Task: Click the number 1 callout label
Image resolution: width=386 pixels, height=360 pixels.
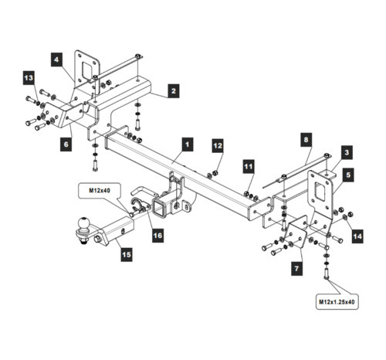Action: pyautogui.click(x=187, y=144)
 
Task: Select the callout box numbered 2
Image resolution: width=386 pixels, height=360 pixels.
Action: pyautogui.click(x=174, y=91)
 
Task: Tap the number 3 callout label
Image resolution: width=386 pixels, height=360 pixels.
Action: pyautogui.click(x=347, y=152)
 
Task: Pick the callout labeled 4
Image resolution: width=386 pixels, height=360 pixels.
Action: pyautogui.click(x=56, y=59)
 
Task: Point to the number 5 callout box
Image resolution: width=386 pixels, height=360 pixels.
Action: pyautogui.click(x=348, y=175)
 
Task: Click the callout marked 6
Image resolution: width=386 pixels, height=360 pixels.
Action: pyautogui.click(x=66, y=144)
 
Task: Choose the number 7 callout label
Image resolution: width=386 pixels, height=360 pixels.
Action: pyautogui.click(x=296, y=269)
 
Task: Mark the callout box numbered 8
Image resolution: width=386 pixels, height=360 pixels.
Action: pyautogui.click(x=306, y=140)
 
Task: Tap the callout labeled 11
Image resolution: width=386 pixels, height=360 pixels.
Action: pyautogui.click(x=249, y=166)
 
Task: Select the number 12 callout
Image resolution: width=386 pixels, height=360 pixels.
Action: pyautogui.click(x=218, y=146)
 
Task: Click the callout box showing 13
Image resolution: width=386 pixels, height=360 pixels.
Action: pyautogui.click(x=29, y=78)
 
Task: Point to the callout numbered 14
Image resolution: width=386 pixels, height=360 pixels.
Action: pyautogui.click(x=357, y=236)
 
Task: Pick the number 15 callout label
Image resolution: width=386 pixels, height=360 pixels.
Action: pyautogui.click(x=127, y=255)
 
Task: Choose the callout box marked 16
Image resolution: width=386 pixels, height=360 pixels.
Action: pyautogui.click(x=157, y=236)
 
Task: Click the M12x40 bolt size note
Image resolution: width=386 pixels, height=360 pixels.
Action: pyautogui.click(x=100, y=191)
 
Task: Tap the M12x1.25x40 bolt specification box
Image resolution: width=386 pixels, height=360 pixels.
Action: pyautogui.click(x=337, y=301)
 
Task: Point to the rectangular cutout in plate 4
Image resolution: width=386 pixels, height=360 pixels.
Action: pyautogui.click(x=86, y=70)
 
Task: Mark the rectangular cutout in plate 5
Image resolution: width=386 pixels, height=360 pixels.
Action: pyautogui.click(x=321, y=192)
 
